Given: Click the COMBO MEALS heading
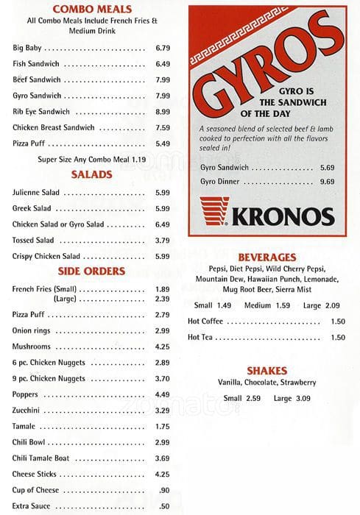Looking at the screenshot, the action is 92,9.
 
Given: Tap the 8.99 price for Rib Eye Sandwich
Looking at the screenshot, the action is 163,112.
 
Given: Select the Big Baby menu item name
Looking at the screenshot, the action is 27,49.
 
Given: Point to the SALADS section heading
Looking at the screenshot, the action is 91,175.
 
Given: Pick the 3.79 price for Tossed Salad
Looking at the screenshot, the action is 163,240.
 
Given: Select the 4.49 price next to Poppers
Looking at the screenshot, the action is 163,394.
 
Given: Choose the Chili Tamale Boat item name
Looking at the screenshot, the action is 40,458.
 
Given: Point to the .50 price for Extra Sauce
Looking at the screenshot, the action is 164,506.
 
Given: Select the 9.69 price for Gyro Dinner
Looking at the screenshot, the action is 327,182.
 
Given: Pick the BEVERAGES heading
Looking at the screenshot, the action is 267,257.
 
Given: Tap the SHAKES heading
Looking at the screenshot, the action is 267,371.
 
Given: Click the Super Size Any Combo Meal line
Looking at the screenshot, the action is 92,159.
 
